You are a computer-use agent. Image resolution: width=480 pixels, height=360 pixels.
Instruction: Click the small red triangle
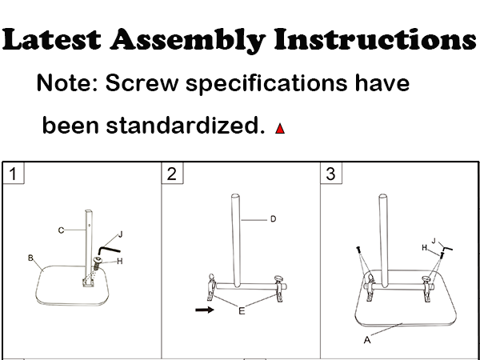pyautogui.click(x=279, y=128)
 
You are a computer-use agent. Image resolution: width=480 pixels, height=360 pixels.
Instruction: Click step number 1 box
pyautogui.click(x=13, y=173)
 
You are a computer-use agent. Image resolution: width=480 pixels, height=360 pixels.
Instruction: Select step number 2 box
pyautogui.click(x=171, y=173)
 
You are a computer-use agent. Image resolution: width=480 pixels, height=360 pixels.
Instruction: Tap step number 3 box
pyautogui.click(x=330, y=173)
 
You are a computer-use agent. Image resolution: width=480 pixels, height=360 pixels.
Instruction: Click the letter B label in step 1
pyautogui.click(x=30, y=258)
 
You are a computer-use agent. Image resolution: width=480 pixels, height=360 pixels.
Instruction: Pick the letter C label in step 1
pyautogui.click(x=60, y=230)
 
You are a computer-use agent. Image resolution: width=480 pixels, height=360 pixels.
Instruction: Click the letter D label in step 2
pyautogui.click(x=273, y=219)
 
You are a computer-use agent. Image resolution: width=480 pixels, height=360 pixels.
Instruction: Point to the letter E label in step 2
pyautogui.click(x=242, y=310)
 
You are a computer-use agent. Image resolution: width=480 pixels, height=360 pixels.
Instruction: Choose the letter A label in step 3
pyautogui.click(x=367, y=339)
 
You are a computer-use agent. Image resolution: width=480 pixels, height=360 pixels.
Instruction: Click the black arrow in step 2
pyautogui.click(x=204, y=308)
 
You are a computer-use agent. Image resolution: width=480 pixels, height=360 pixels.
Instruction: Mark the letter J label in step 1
pyautogui.click(x=119, y=234)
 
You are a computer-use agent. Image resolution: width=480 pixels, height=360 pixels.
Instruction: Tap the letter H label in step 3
pyautogui.click(x=425, y=248)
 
